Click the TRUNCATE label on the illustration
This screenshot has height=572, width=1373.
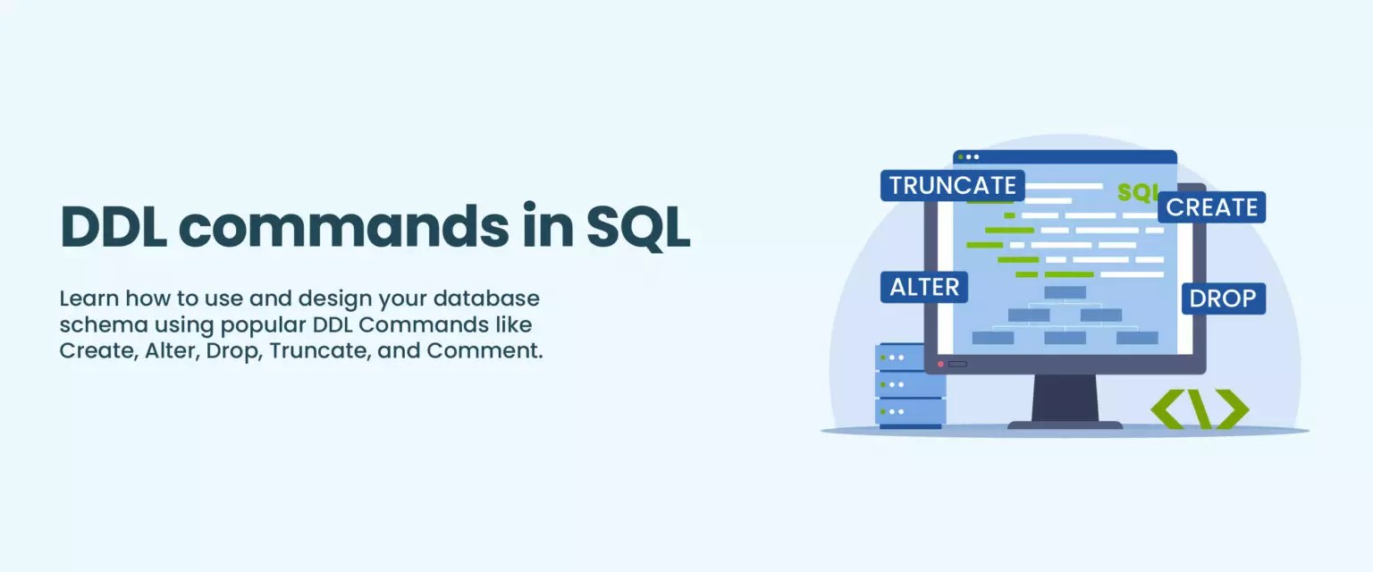click(x=952, y=185)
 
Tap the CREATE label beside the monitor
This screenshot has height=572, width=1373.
click(x=1211, y=207)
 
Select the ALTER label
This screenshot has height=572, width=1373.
click(x=923, y=287)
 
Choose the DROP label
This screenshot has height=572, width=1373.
click(x=1223, y=299)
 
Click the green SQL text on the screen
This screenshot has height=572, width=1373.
click(x=1137, y=192)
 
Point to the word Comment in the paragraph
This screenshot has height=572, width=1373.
click(x=484, y=349)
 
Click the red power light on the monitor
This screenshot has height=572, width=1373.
click(x=939, y=364)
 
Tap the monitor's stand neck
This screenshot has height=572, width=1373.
click(x=1065, y=397)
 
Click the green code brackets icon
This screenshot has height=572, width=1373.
click(x=1199, y=408)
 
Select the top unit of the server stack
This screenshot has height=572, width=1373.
click(x=911, y=357)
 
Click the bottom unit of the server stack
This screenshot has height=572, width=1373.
click(x=911, y=412)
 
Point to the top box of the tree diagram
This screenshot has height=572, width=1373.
click(x=1065, y=292)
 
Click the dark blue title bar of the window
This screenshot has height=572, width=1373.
click(x=1064, y=156)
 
